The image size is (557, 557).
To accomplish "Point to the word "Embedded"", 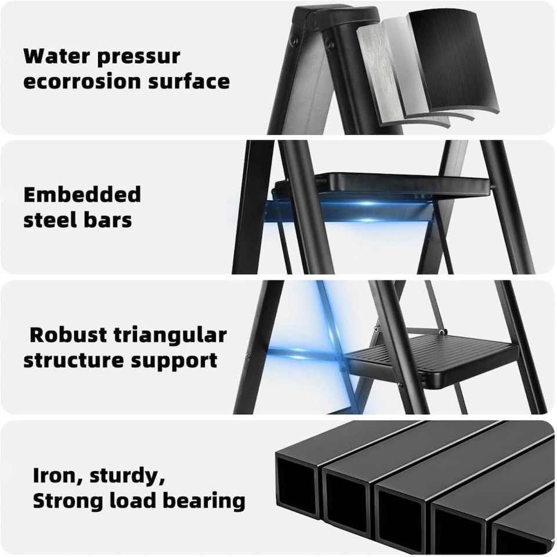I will (82, 195).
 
